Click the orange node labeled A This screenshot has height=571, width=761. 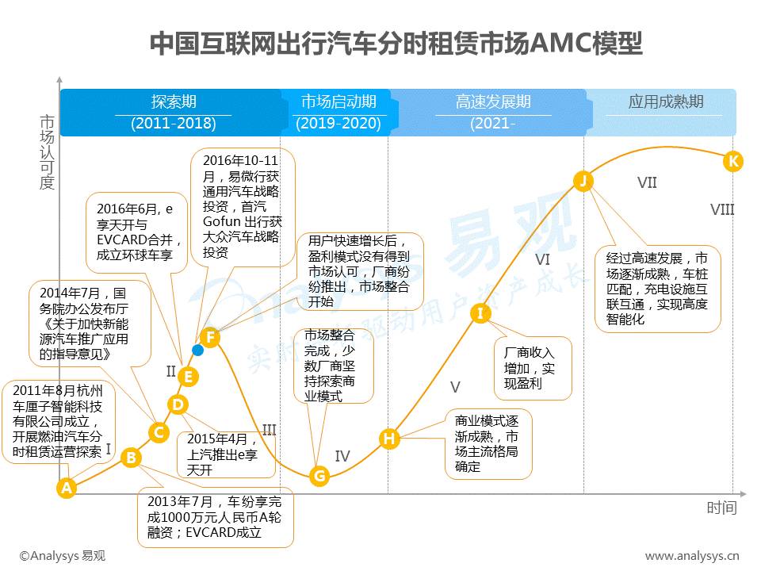click(x=67, y=488)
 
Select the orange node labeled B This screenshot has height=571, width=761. click(x=132, y=457)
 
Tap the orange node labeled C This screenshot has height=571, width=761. click(x=159, y=432)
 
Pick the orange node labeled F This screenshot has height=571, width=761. click(x=209, y=337)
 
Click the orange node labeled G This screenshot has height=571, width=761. click(x=319, y=476)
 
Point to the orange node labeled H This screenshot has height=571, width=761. click(x=388, y=439)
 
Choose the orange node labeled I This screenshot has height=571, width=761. click(x=480, y=312)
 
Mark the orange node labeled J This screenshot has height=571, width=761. click(x=583, y=182)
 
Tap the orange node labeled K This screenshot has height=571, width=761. click(x=733, y=162)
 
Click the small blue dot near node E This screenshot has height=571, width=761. click(x=197, y=350)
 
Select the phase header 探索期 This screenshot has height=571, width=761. click(x=174, y=102)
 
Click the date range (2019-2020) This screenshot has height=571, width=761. click(x=338, y=124)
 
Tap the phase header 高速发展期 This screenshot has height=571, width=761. click(x=493, y=102)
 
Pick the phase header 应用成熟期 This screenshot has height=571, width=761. click(x=666, y=102)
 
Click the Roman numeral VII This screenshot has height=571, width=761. click(x=647, y=183)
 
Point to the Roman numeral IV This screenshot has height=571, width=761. click(x=342, y=456)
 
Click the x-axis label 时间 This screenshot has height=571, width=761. click(x=721, y=508)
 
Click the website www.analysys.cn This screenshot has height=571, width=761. click(x=692, y=556)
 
